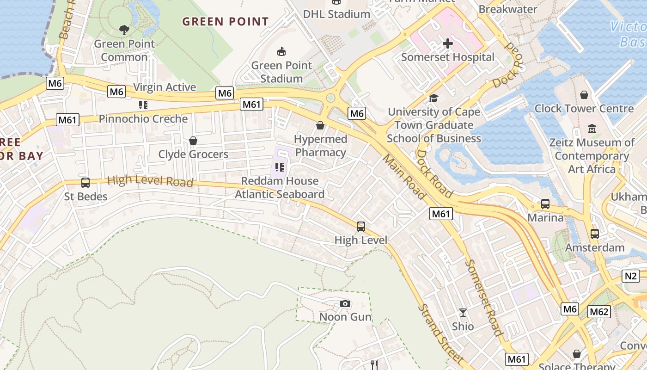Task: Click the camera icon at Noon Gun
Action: [x=345, y=304]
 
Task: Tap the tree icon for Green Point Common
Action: [x=124, y=31]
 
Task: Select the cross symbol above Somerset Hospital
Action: [x=447, y=44]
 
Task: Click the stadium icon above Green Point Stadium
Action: [x=281, y=51]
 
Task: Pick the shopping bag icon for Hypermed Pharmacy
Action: [x=320, y=125]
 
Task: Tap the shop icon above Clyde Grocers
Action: [x=193, y=141]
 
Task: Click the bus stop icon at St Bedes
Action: [x=85, y=183]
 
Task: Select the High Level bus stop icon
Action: [x=361, y=227]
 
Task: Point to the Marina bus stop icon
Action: [x=545, y=204]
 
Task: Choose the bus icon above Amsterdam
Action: [x=595, y=234]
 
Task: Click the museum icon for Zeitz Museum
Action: [x=592, y=129]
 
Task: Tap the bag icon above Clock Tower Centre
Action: [x=584, y=95]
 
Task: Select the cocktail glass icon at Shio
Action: [x=463, y=313]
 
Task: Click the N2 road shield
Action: [x=631, y=277]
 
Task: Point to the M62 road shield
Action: [x=599, y=312]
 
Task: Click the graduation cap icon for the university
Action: [x=433, y=98]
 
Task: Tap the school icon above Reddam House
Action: [x=279, y=167]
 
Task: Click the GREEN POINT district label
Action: [x=225, y=22]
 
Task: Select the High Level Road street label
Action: [x=150, y=181]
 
